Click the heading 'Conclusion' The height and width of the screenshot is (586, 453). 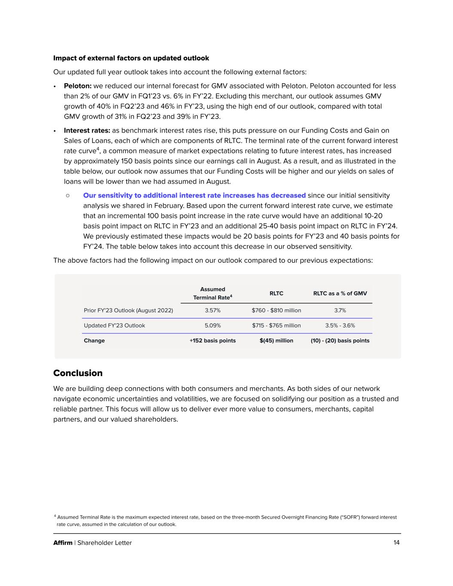coord(78,373)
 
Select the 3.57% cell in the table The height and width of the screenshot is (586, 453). coord(213,310)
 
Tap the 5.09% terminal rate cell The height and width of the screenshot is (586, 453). coord(213,325)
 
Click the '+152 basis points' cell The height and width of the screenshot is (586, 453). coord(213,340)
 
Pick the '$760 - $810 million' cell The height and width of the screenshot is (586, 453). coord(276,310)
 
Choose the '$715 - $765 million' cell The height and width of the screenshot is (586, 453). coord(276,325)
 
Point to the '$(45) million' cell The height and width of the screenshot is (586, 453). coord(276,340)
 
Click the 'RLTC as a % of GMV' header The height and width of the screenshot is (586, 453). coord(340,293)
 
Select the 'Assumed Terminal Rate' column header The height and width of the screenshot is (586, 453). coord(213,293)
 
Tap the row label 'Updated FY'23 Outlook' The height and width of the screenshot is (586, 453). coord(114,325)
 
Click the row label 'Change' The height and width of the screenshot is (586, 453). coord(94,340)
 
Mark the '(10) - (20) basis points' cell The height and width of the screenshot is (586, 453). coord(340,340)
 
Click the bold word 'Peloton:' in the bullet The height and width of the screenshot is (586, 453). coord(77,86)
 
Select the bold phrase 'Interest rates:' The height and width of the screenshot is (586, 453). coord(87,131)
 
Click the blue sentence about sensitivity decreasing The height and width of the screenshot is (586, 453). coord(194,195)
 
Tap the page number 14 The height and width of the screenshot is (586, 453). coord(396,543)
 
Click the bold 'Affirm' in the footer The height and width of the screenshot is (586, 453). coord(63,543)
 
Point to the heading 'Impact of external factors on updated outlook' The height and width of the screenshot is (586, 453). coord(131,58)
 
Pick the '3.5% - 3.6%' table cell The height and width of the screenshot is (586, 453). coord(340,325)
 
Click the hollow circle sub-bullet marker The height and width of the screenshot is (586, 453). coord(68,195)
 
